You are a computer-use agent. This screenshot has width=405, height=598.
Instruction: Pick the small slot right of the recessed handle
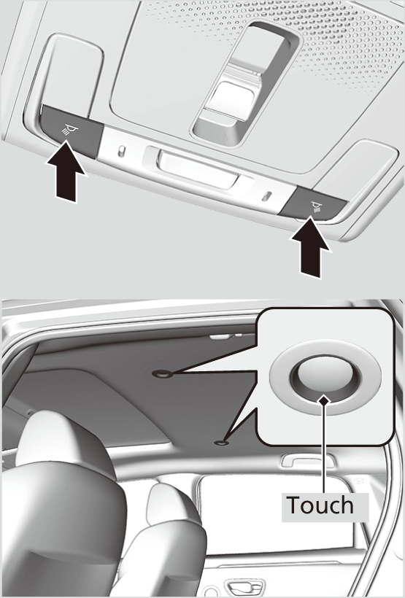pyautogui.click(x=267, y=196)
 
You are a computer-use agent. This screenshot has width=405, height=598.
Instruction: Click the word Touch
pyautogui.click(x=319, y=505)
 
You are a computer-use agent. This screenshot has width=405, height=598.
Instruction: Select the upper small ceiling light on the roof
pyautogui.click(x=161, y=373)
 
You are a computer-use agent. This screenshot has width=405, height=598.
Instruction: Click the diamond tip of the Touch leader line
pyautogui.click(x=322, y=400)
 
